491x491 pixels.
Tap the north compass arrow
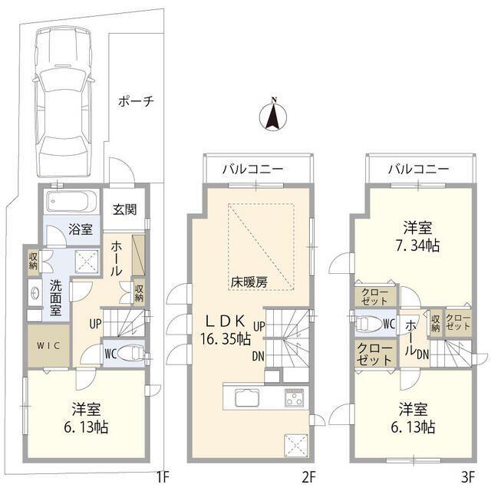coord(272,117)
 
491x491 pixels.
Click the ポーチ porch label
coord(137,101)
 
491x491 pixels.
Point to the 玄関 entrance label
coord(125,209)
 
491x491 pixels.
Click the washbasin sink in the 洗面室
coord(35,292)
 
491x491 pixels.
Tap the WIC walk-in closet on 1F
coord(48,344)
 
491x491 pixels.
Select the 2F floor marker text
coord(308,477)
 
